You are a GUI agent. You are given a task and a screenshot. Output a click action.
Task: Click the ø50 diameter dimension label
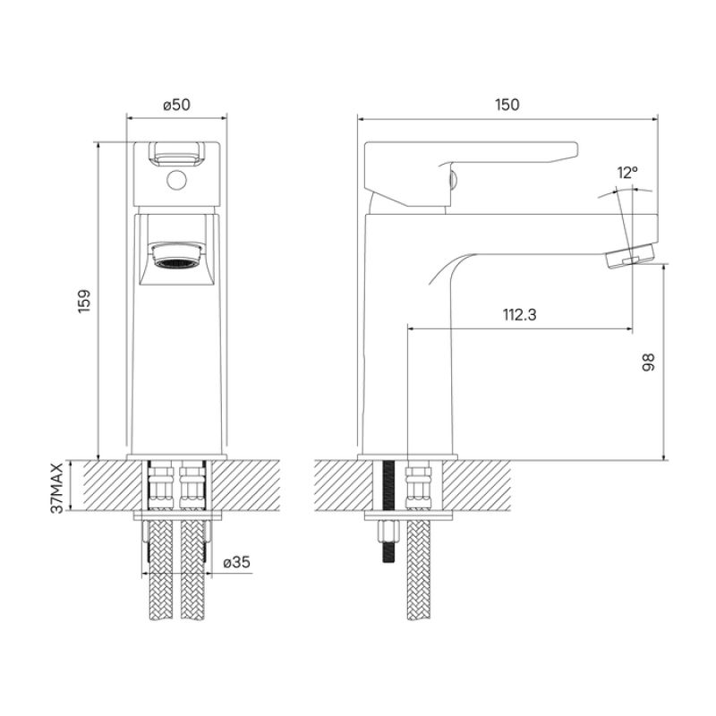(x=176, y=105)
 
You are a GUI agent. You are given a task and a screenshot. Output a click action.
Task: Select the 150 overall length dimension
(x=507, y=105)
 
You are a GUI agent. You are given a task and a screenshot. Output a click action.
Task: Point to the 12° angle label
(x=627, y=173)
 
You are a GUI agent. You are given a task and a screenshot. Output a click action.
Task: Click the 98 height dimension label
(x=649, y=362)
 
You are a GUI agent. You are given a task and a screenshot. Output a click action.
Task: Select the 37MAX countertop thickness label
(x=57, y=488)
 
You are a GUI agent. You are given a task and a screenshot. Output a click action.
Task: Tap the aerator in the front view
(x=176, y=260)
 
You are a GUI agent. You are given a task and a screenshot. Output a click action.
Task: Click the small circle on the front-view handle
(x=176, y=183)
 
